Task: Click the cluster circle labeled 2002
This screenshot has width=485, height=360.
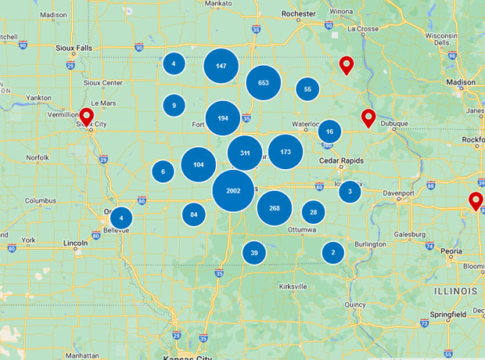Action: [x=233, y=191]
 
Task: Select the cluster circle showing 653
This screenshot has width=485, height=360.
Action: [x=264, y=82]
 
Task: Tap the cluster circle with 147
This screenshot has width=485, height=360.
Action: [x=221, y=66]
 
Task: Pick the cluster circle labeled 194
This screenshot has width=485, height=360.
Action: [x=223, y=118]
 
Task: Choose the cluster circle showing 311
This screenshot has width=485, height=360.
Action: [x=245, y=153]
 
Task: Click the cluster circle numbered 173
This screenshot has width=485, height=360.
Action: [x=286, y=152]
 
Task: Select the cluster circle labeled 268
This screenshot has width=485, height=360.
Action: [x=274, y=208]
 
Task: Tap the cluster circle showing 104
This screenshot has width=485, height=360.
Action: [x=199, y=164]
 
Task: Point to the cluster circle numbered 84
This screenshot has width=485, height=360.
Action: [x=194, y=214]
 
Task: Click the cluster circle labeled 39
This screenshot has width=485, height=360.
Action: [x=254, y=252]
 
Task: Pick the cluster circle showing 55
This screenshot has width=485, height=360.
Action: [x=307, y=89]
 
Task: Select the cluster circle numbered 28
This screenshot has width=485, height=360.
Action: [x=314, y=211]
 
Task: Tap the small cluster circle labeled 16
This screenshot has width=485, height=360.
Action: [x=330, y=132]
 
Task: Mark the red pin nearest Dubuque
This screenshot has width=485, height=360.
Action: [x=368, y=119]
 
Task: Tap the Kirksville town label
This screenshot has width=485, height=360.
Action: [x=293, y=286]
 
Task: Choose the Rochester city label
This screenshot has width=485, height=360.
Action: [x=298, y=13]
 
